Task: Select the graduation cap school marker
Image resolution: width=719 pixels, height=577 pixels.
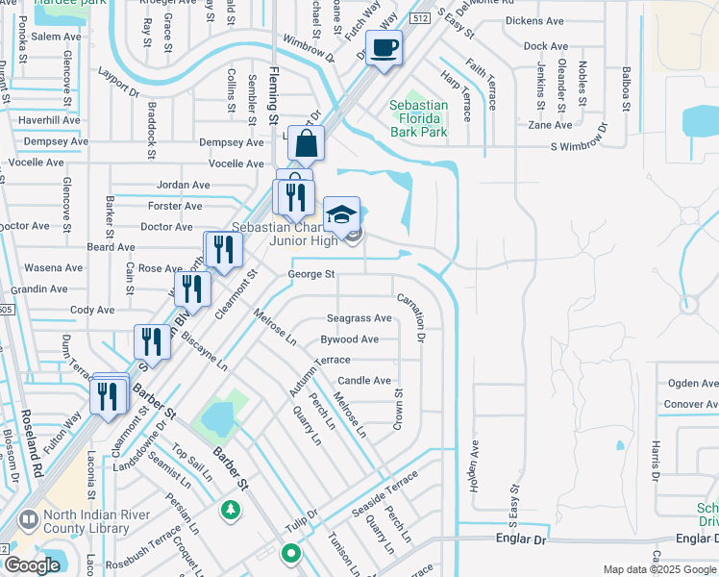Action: point(340,215)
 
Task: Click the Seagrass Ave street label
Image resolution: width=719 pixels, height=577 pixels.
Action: point(359,318)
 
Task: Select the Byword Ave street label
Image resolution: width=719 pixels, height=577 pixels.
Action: point(349,339)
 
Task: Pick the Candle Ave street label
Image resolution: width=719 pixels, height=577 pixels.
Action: point(364,381)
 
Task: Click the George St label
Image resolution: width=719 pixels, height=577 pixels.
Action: point(310,274)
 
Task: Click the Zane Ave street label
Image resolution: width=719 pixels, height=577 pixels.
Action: point(550,125)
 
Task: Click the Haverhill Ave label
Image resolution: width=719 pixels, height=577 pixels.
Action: point(48,119)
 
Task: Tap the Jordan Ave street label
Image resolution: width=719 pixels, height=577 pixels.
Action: point(183,185)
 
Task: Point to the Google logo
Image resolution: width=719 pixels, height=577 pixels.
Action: point(33,565)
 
